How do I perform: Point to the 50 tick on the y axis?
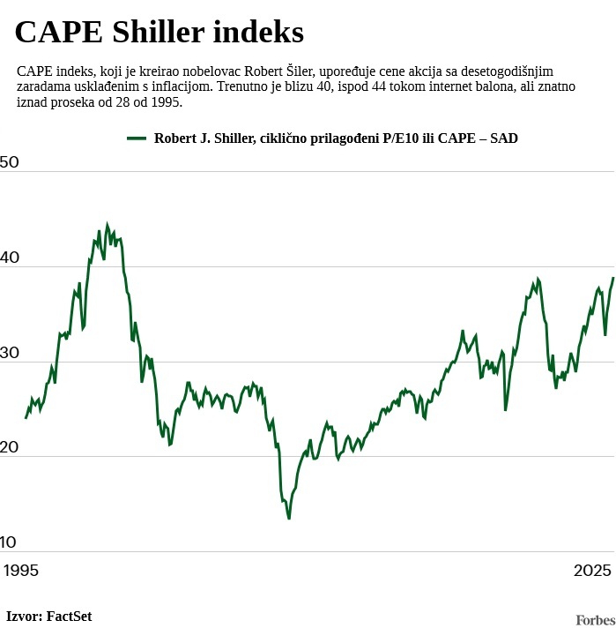pyautogui.click(x=10, y=162)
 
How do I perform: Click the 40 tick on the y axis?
pyautogui.click(x=10, y=258)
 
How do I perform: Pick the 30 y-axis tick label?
pyautogui.click(x=10, y=353)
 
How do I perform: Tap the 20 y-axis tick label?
pyautogui.click(x=10, y=447)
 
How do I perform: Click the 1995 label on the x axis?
pyautogui.click(x=20, y=571)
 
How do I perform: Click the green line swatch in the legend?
pyautogui.click(x=137, y=138)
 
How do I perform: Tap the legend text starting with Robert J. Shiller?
pyautogui.click(x=336, y=138)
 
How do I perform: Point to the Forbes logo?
pyautogui.click(x=595, y=621)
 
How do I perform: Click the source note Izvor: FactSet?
pyautogui.click(x=49, y=617)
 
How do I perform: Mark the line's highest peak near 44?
pyautogui.click(x=108, y=225)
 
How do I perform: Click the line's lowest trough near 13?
pyautogui.click(x=289, y=518)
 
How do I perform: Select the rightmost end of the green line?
pyautogui.click(x=612, y=278)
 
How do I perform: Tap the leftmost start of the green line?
pyautogui.click(x=26, y=417)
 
